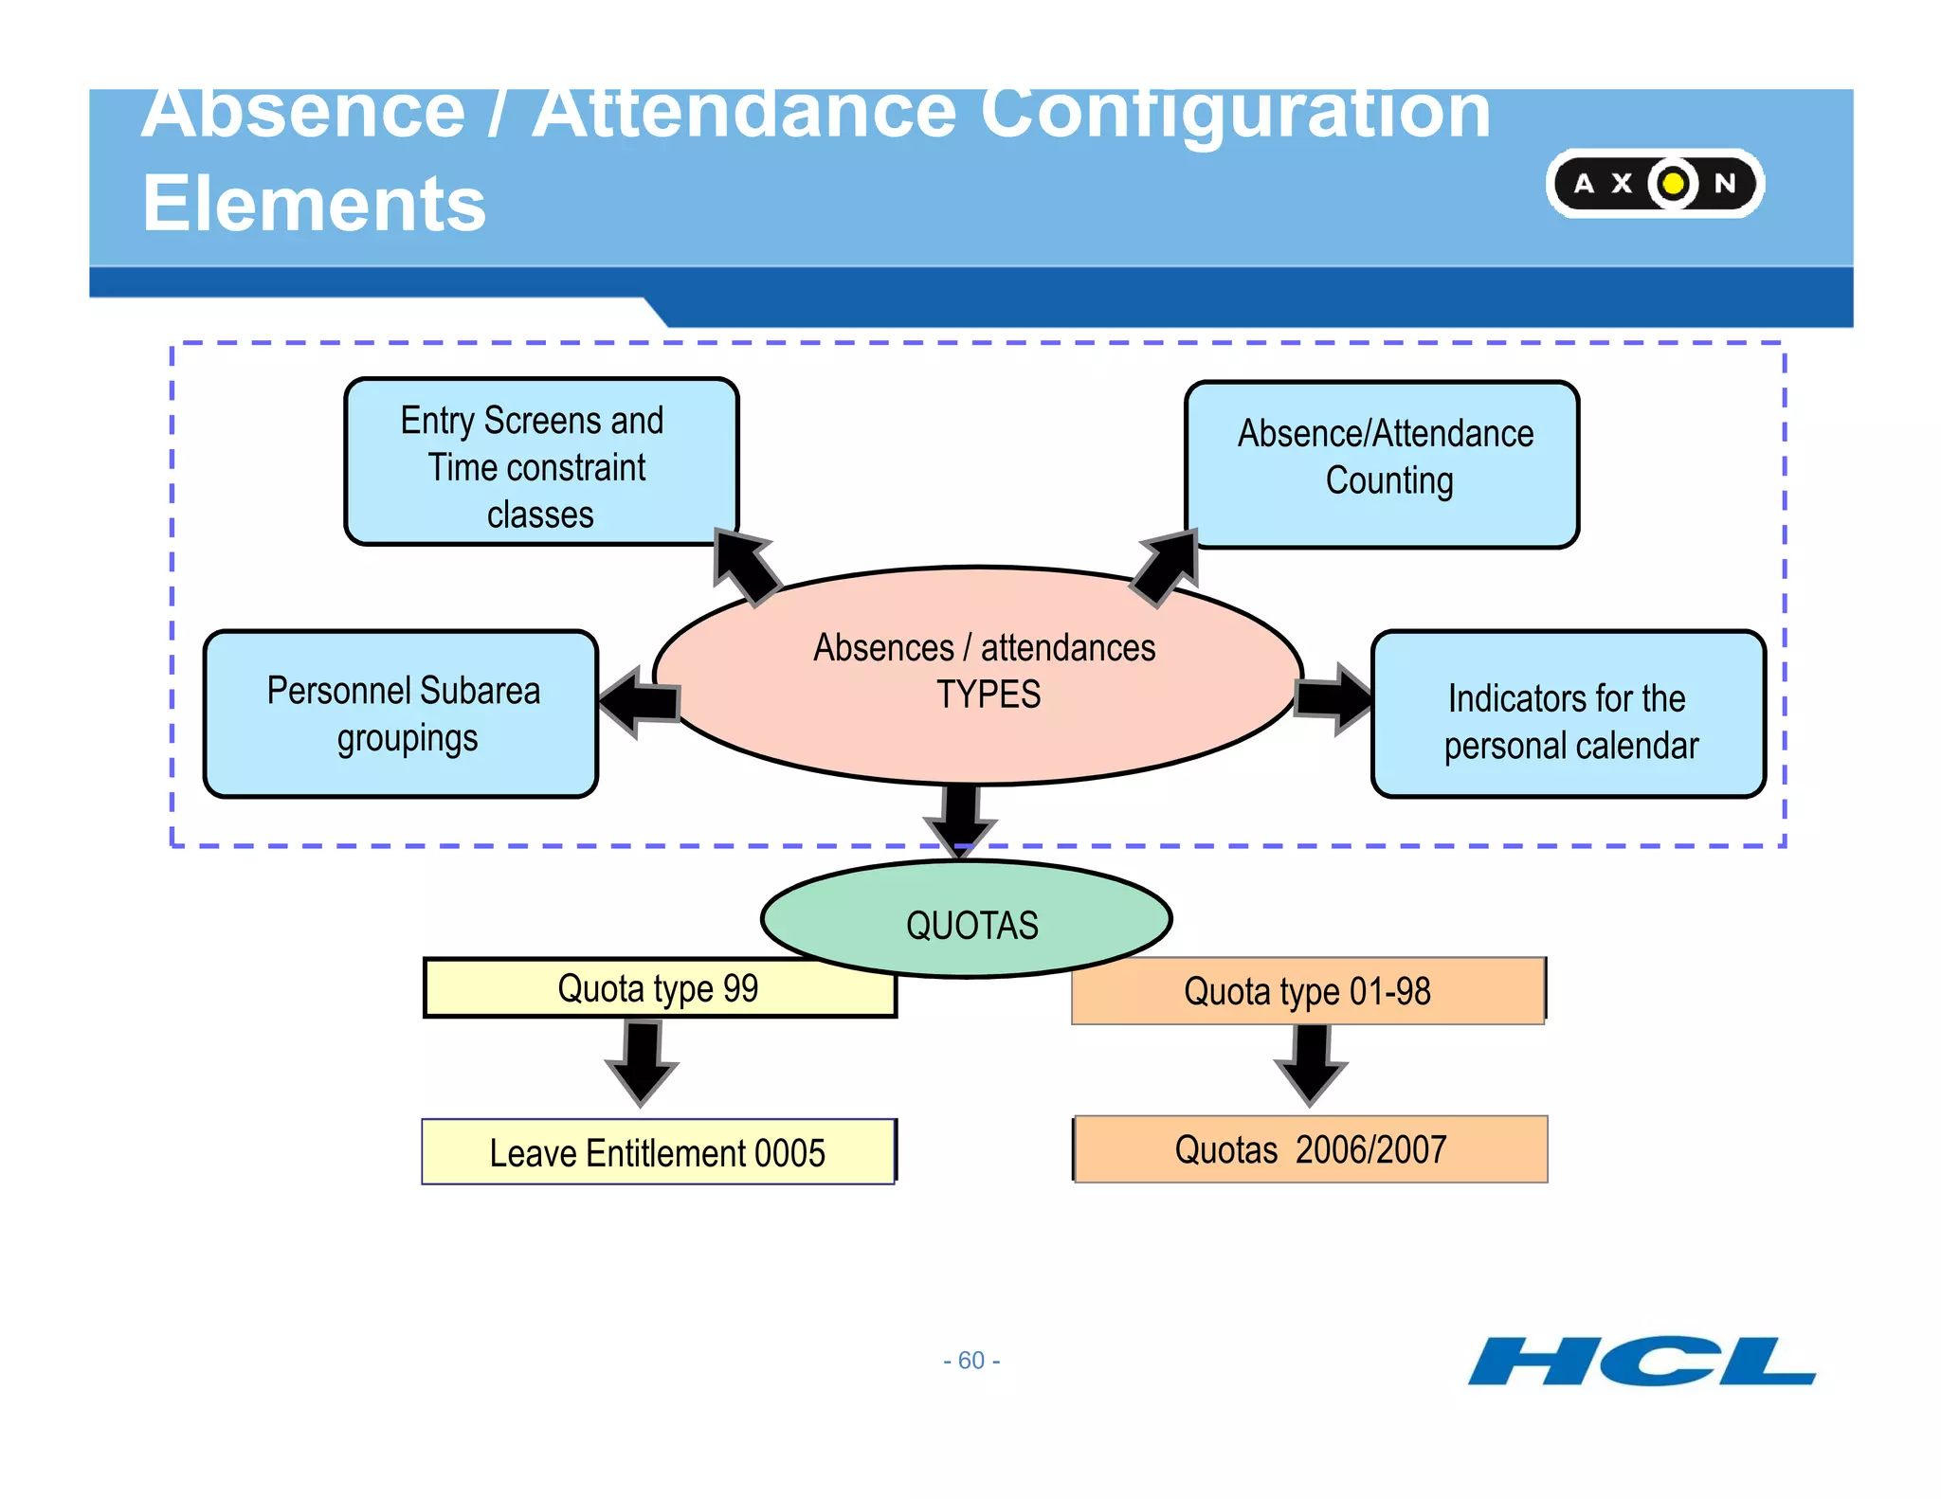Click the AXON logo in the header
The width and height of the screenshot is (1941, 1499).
(x=1654, y=183)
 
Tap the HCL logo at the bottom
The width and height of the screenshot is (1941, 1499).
(x=1641, y=1362)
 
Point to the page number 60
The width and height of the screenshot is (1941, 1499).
(x=971, y=1361)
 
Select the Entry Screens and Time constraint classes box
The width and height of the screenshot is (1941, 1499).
(x=540, y=462)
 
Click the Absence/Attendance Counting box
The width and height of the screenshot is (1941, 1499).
(x=1382, y=463)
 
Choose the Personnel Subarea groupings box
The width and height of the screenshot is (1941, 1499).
(x=401, y=713)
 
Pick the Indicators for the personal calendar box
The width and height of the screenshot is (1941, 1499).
(x=1569, y=714)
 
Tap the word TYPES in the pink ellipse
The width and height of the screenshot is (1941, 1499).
(x=989, y=695)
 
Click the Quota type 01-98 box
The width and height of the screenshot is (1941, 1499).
(x=1308, y=991)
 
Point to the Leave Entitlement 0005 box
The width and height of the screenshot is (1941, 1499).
(x=658, y=1152)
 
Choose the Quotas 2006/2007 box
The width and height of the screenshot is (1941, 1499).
(x=1311, y=1149)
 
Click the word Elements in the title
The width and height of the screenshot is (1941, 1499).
(x=314, y=204)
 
